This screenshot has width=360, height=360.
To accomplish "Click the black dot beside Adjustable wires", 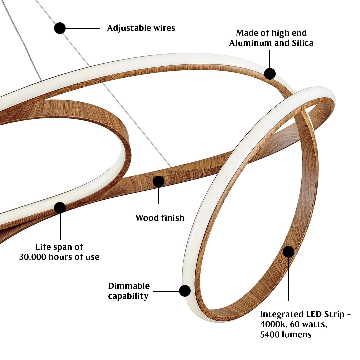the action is tap(60, 28).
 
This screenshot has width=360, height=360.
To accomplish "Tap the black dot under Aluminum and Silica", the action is tap(270, 74).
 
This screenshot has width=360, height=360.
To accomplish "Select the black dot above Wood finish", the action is tap(158, 182).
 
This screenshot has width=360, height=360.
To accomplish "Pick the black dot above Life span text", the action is tap(60, 208).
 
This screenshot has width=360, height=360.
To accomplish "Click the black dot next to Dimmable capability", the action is tap(185, 291).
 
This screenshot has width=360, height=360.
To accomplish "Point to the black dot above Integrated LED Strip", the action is tap(289, 252).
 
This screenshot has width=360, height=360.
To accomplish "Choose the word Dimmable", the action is tap(129, 286).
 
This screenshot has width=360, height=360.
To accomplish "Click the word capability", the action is tap(128, 296).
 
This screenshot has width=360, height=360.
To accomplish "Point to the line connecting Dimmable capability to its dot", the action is tap(166, 291).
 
